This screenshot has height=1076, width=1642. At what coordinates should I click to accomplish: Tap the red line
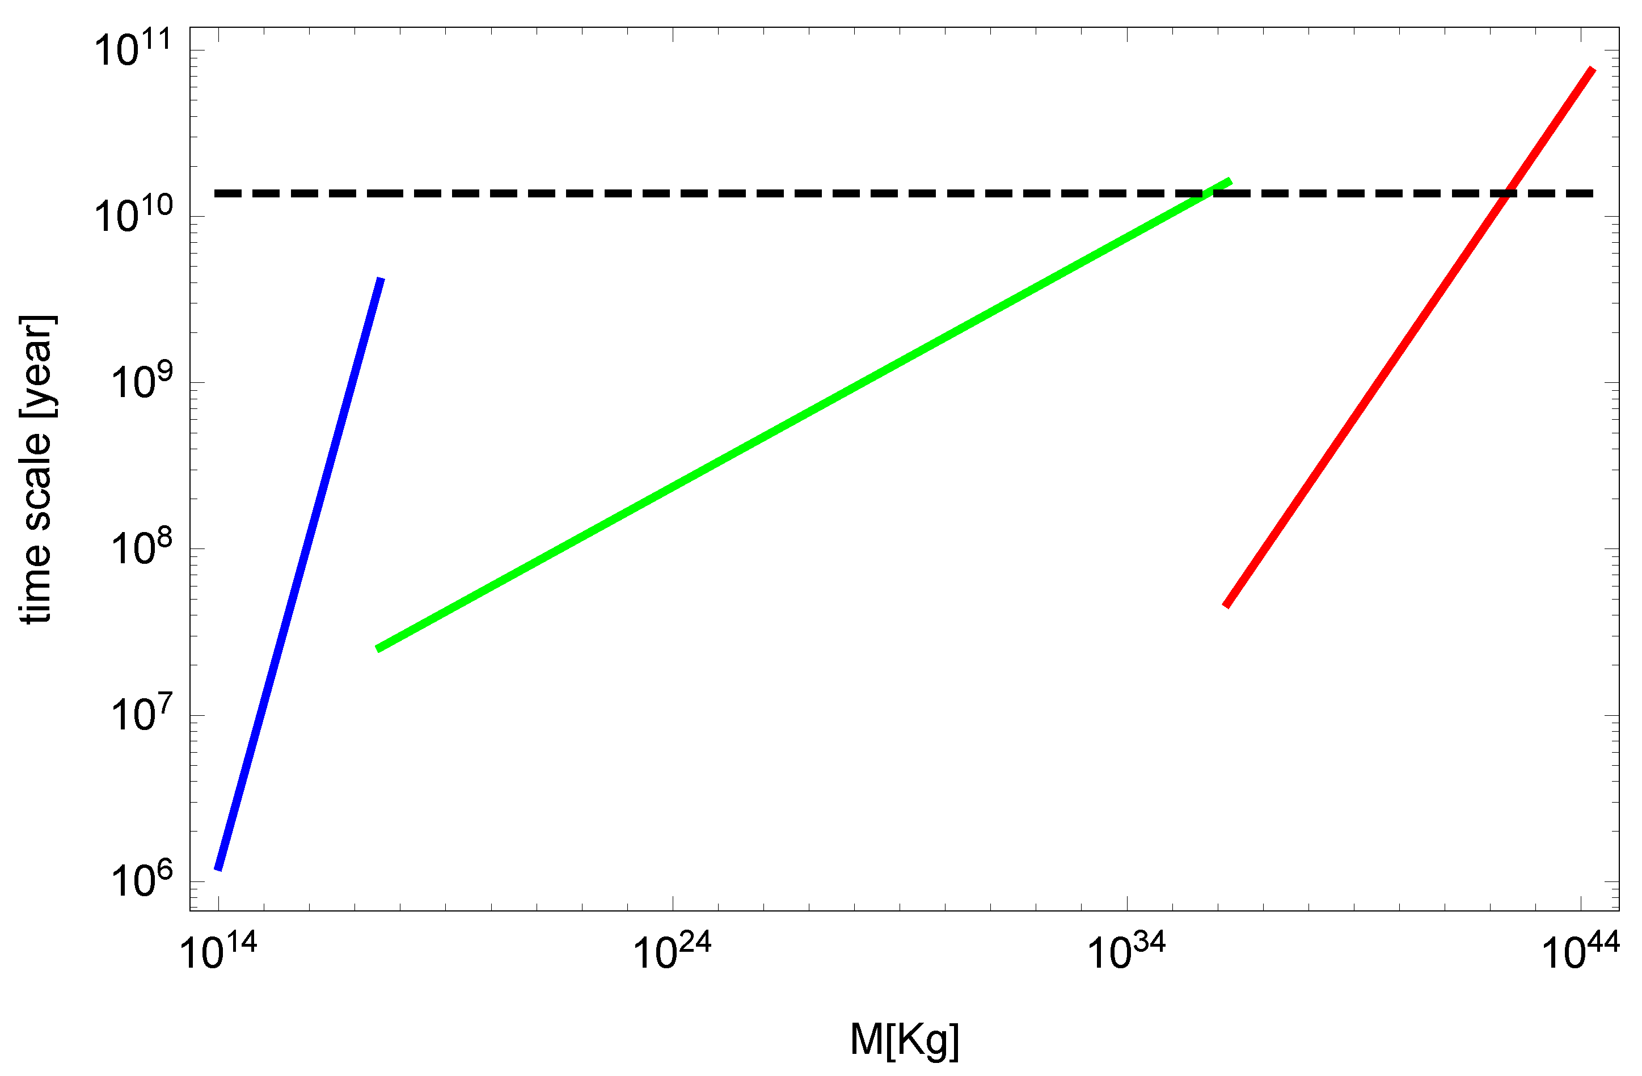point(1407,338)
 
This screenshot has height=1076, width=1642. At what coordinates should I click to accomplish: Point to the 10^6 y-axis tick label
point(141,881)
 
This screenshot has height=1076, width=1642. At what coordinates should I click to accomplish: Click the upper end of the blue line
point(380,281)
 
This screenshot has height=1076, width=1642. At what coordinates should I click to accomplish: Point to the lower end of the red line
point(1226,605)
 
